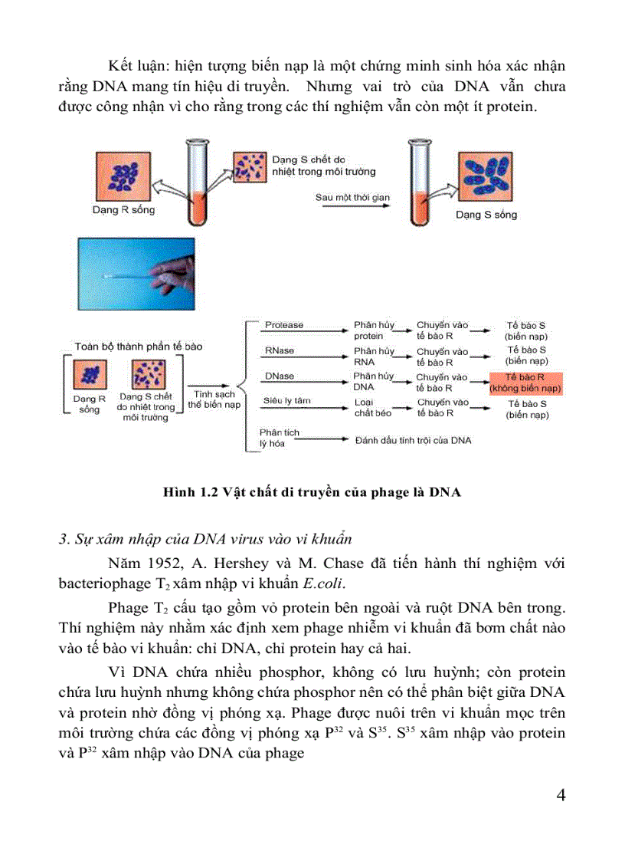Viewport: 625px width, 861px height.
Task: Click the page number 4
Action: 561,794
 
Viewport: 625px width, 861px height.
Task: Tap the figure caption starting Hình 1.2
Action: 312,492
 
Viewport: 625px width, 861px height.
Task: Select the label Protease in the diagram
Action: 284,325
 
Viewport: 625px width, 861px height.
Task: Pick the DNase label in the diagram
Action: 280,376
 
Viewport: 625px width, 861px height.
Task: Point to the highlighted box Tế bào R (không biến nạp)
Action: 525,383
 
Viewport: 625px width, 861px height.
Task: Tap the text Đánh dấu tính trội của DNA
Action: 413,440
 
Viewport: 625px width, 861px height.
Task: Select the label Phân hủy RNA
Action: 373,356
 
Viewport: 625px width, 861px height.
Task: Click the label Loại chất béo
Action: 373,407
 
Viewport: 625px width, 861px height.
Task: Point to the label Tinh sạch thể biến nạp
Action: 214,399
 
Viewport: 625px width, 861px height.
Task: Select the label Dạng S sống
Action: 486,215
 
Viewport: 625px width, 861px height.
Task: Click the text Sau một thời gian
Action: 352,197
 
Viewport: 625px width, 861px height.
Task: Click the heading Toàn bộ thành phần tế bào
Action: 139,347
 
